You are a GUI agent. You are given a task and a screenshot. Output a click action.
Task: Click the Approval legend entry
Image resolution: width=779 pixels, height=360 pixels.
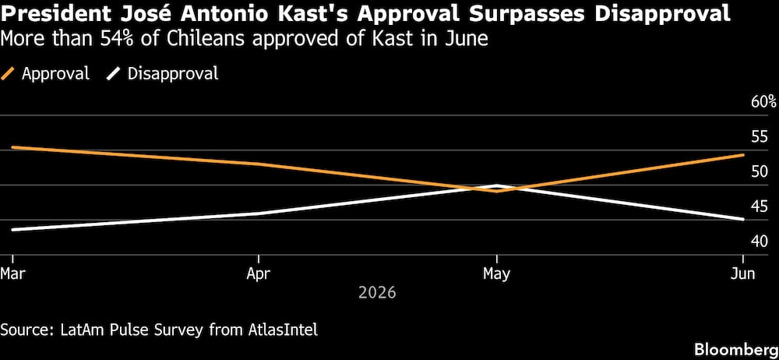tap(45, 73)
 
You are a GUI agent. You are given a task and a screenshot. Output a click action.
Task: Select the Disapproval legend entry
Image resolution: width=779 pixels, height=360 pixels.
tap(163, 73)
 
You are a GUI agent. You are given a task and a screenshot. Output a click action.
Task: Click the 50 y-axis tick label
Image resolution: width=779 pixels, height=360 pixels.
tap(760, 172)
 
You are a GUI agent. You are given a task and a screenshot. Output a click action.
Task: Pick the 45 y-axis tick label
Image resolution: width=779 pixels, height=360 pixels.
tap(760, 206)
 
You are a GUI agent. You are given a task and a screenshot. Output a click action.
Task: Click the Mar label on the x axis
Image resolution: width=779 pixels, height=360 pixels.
tap(12, 274)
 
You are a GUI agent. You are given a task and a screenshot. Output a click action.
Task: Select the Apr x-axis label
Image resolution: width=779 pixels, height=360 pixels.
tap(259, 274)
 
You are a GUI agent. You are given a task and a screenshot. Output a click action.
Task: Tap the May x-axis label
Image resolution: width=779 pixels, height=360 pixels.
tap(497, 274)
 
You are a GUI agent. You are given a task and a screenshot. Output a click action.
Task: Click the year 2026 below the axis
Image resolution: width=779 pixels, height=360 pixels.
tap(378, 292)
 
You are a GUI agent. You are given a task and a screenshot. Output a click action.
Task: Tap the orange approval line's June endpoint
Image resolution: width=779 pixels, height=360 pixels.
tap(743, 154)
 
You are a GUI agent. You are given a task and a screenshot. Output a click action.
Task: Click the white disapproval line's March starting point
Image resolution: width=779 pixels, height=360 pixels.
tap(12, 230)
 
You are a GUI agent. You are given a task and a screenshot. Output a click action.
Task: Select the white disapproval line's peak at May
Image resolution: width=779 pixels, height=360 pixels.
tap(497, 185)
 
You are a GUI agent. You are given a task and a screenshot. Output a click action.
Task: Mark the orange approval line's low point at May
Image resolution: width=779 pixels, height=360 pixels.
tap(497, 191)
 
